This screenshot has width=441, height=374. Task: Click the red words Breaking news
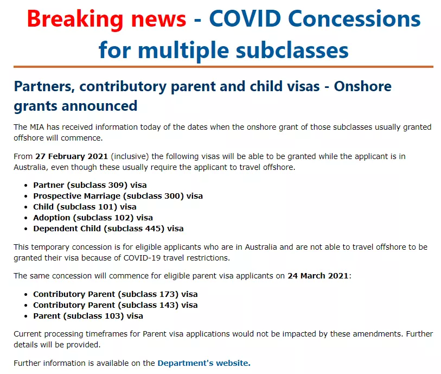click(x=107, y=19)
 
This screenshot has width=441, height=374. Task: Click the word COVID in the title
click(x=245, y=18)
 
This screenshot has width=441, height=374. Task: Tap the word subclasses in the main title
click(x=292, y=50)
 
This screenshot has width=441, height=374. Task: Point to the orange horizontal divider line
click(x=223, y=67)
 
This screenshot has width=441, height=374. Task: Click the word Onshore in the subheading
click(x=362, y=86)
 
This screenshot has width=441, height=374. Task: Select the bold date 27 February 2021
click(x=72, y=156)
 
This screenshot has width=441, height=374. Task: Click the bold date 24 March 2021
click(x=318, y=276)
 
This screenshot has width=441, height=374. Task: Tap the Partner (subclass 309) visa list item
click(x=90, y=185)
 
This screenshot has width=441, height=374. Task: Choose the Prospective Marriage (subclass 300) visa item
click(x=118, y=196)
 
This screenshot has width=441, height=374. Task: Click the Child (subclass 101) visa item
click(x=85, y=207)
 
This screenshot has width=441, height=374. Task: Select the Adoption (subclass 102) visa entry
click(x=93, y=218)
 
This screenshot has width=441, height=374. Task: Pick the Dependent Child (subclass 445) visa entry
click(x=108, y=229)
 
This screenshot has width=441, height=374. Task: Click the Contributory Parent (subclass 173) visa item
click(x=116, y=294)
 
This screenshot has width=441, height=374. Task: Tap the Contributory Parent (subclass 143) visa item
click(x=116, y=305)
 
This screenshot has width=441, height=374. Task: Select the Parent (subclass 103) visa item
click(x=88, y=316)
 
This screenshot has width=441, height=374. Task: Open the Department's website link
click(x=204, y=363)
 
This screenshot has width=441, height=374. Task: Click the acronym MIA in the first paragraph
click(x=37, y=127)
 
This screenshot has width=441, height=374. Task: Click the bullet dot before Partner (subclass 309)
click(x=26, y=186)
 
